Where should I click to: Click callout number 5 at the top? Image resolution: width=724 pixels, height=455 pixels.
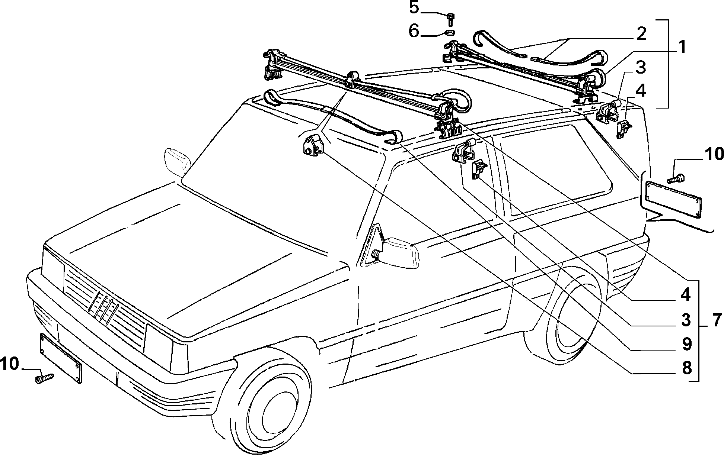click(414, 7)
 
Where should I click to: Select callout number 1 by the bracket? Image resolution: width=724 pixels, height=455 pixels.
click(681, 47)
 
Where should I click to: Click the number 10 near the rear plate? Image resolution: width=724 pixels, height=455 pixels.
click(713, 154)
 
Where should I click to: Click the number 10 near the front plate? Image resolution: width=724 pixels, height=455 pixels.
click(10, 364)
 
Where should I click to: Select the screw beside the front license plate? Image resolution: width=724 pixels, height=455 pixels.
click(44, 378)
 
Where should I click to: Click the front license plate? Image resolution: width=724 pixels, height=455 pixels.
click(61, 358)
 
